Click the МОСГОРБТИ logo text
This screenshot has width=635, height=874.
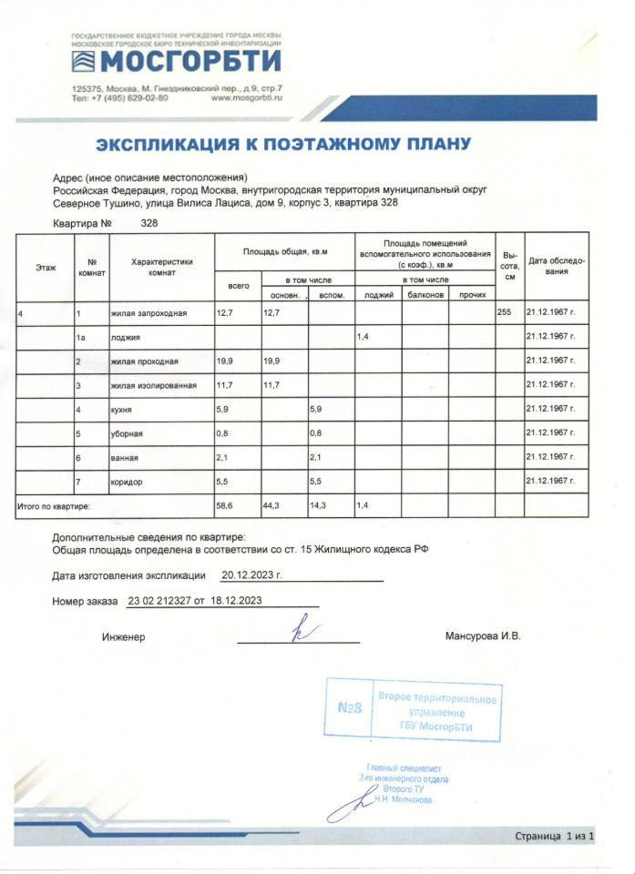[x=189, y=62]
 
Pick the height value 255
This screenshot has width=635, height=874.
[x=505, y=313]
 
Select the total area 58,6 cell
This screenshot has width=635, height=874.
[x=224, y=503]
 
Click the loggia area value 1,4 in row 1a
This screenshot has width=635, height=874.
[x=363, y=337]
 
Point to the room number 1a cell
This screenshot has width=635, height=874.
[x=83, y=337]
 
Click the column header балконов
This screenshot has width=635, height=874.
[x=425, y=295]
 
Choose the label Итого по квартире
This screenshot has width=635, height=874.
[x=56, y=503]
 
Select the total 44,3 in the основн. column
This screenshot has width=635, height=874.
[x=271, y=503]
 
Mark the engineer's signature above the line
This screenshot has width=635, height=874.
[x=299, y=631]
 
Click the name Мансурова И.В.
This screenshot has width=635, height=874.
[x=483, y=635]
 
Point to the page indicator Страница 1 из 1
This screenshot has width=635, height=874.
[x=555, y=835]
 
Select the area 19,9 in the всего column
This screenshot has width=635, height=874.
[x=224, y=361]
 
